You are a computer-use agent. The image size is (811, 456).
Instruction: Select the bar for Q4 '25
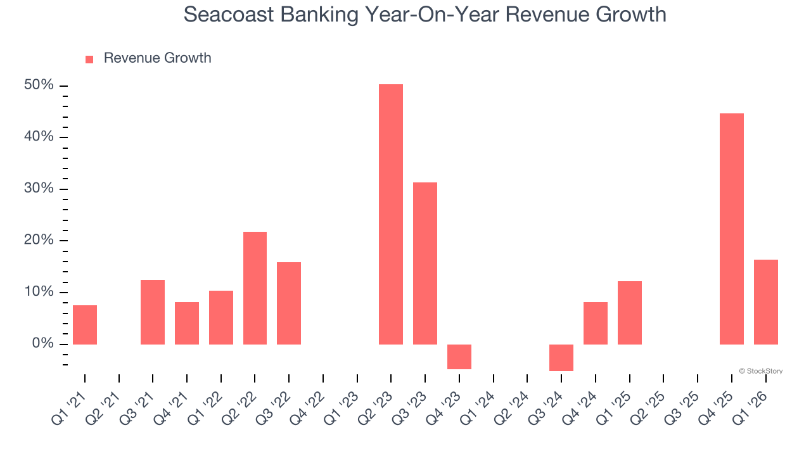[x=732, y=229]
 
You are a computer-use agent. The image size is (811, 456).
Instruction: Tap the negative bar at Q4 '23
[x=459, y=357]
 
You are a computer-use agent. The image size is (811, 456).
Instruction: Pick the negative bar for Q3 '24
[x=561, y=358]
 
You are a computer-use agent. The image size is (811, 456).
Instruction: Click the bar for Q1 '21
[x=85, y=325]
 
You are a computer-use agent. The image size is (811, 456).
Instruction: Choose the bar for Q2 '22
[x=255, y=288]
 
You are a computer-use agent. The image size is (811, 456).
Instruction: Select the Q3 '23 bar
[x=425, y=263]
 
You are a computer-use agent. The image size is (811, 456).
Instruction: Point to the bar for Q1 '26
[x=766, y=302]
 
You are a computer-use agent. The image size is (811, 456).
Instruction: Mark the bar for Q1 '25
[x=630, y=313]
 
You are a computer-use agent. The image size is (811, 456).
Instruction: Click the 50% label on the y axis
[x=39, y=85]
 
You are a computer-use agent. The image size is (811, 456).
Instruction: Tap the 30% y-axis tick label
[x=39, y=189]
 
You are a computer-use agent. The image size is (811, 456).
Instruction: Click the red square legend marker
[x=89, y=59]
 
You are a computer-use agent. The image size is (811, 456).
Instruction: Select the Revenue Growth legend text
[x=157, y=58]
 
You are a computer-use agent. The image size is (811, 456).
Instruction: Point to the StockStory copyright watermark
[x=760, y=371]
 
